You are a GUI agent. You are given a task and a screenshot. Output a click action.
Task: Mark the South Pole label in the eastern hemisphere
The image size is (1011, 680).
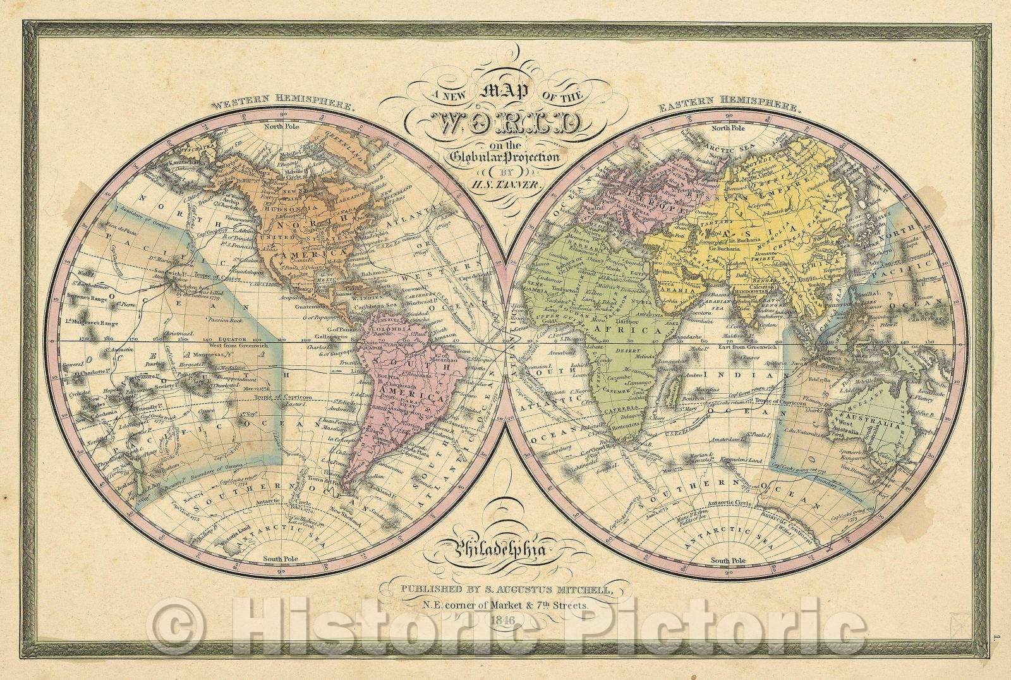coord(728,561)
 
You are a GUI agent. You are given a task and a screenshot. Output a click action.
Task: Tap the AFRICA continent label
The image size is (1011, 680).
coord(638,331)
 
